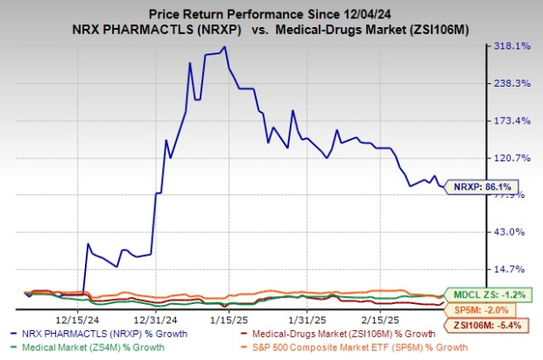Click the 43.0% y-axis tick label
coord(513,232)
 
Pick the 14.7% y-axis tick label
coord(513,269)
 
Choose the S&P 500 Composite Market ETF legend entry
coord(344,348)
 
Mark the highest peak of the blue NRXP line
coord(226,47)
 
